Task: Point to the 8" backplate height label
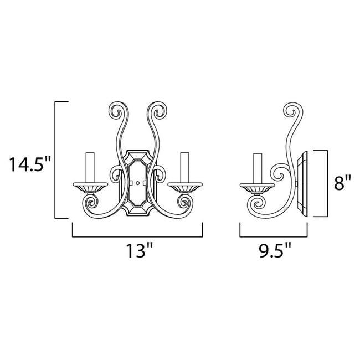343,183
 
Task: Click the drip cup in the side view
256,187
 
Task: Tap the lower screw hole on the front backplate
137,182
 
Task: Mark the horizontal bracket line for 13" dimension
137,236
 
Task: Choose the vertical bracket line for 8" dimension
329,183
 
